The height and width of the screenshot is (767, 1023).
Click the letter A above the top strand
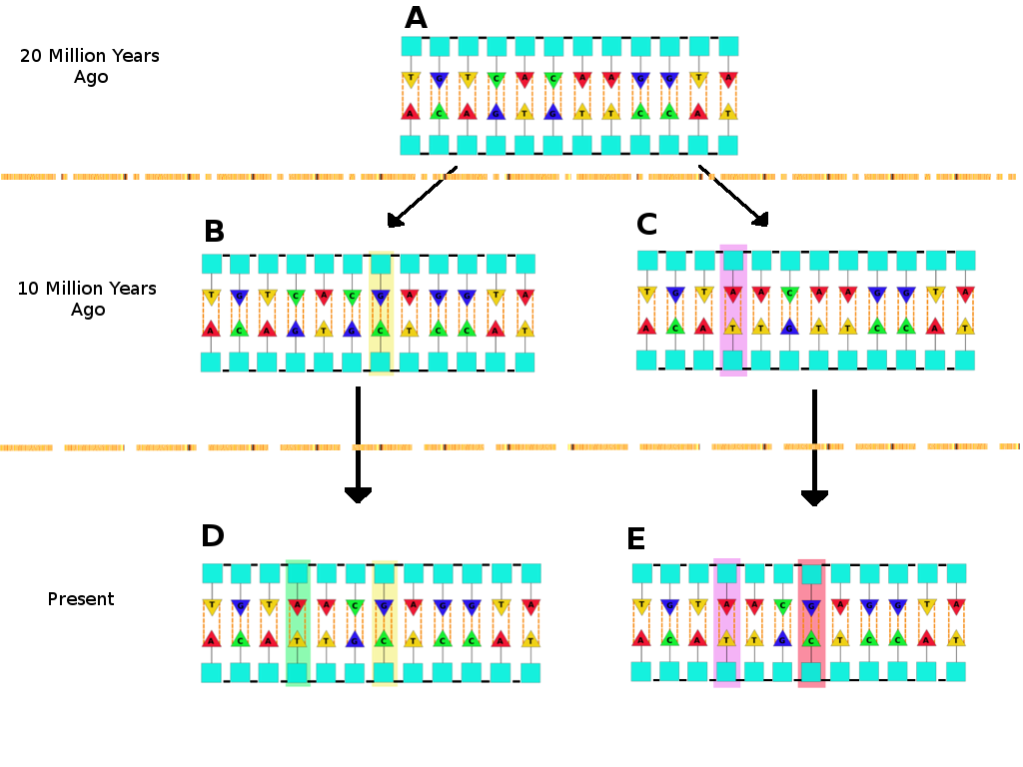pos(416,18)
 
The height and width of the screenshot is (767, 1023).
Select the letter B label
pos(214,232)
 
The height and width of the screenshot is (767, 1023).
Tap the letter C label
pos(647,225)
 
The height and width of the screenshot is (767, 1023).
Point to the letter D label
pos(213,536)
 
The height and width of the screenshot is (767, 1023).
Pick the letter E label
pos(635,539)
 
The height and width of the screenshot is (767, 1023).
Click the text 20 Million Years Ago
pos(90,66)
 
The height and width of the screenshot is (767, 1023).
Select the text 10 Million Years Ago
pos(87,299)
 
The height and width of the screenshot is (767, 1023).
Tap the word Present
pos(81,599)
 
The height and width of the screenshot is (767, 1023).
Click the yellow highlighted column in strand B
pos(381,313)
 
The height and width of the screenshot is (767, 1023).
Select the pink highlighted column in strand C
pos(733,310)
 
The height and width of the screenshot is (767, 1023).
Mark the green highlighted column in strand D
pos(298,622)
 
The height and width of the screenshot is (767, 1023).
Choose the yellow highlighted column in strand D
pos(385,622)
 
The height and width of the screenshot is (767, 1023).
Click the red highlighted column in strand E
pos(811,622)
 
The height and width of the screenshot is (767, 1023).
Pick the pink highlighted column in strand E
pos(726,622)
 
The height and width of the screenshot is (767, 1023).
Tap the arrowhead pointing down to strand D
pos(358,494)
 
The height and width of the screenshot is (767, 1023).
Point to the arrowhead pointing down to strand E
pos(814,496)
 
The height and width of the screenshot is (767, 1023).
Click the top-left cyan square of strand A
pos(412,47)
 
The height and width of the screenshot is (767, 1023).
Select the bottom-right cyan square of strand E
pos(956,671)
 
